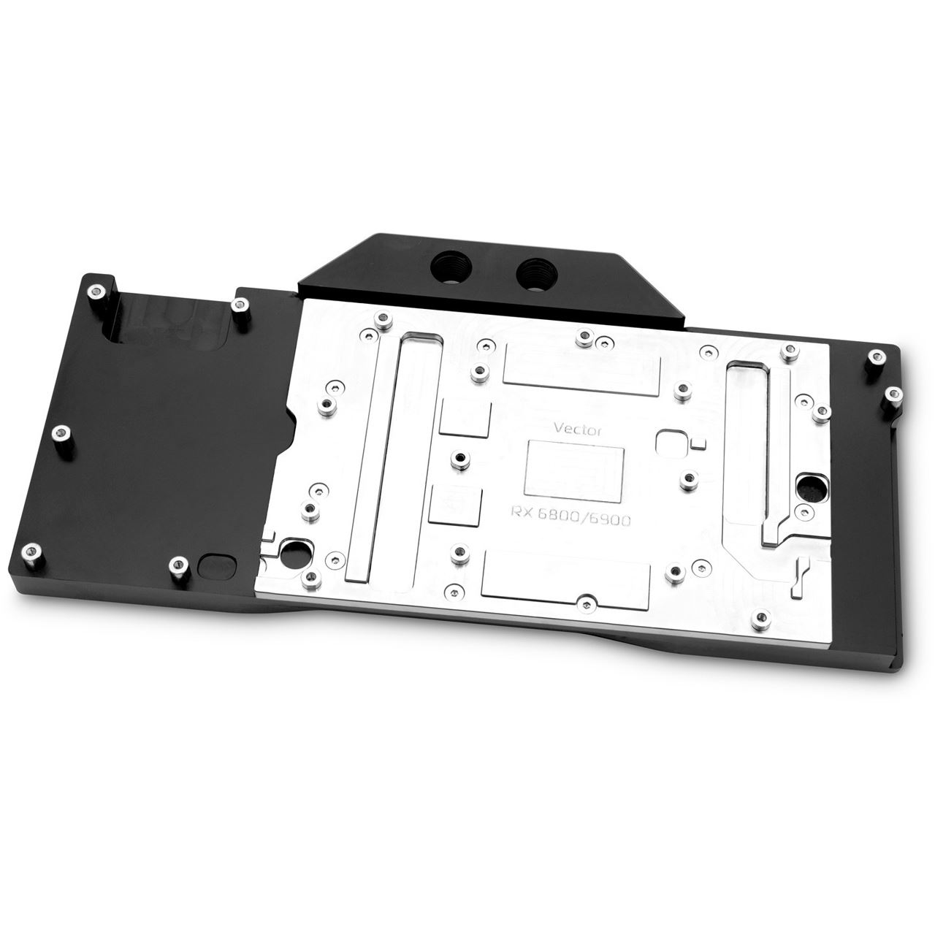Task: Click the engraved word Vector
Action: pyautogui.click(x=576, y=430)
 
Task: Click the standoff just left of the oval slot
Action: pyautogui.click(x=176, y=564)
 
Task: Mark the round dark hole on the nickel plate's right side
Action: pyautogui.click(x=813, y=484)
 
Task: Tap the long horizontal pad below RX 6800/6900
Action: pyautogui.click(x=556, y=572)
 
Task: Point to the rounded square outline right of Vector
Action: pyautogui.click(x=670, y=443)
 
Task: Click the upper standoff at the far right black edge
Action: pyautogui.click(x=875, y=358)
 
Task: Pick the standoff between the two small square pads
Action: pyautogui.click(x=458, y=459)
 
